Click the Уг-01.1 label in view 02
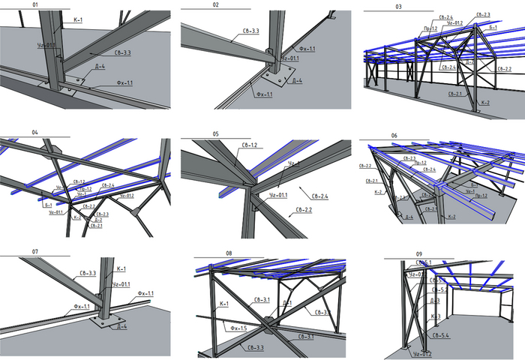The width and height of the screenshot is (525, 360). [x=290, y=58]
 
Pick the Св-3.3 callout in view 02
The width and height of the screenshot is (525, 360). [x=251, y=31]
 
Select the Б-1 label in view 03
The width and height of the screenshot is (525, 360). [x=493, y=27]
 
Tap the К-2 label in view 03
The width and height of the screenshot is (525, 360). [x=484, y=103]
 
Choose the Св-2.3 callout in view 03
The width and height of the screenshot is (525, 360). [x=483, y=14]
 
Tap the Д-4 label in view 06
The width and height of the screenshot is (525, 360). [x=409, y=217]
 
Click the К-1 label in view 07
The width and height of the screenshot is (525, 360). [x=122, y=268]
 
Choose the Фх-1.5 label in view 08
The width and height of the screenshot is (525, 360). [x=238, y=327]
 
